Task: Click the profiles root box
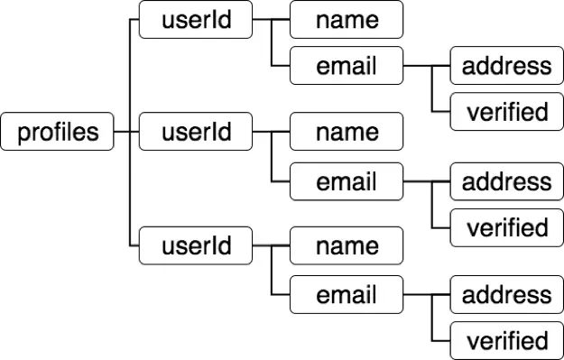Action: coord(58,133)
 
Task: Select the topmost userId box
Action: coord(196,20)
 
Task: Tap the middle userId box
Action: coord(196,133)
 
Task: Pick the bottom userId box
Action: coord(196,245)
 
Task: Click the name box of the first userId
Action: coord(346,20)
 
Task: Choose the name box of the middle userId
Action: coord(346,133)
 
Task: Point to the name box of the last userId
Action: coord(346,245)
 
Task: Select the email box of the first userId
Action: coord(346,66)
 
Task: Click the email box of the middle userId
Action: coord(346,181)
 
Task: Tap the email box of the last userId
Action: coord(346,294)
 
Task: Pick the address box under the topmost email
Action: coord(506,66)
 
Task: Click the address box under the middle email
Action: coord(506,181)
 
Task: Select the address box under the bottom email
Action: coord(506,294)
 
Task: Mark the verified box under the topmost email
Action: coord(506,112)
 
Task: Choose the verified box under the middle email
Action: coord(506,227)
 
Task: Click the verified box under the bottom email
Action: coord(506,340)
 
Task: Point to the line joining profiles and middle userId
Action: coord(127,133)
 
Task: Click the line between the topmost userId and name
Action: coord(271,20)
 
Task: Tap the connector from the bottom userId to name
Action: coord(271,245)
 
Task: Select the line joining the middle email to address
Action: coord(427,181)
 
